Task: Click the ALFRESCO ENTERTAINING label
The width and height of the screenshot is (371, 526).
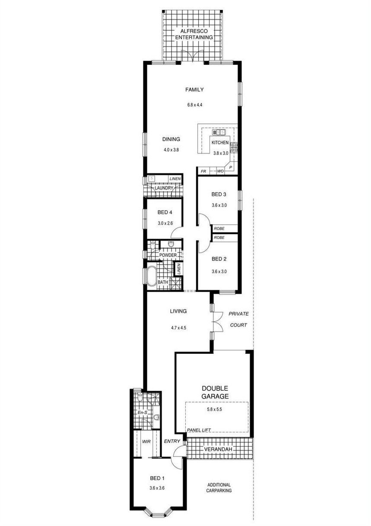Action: pos(194,34)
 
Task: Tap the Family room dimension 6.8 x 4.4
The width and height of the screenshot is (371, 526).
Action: pos(195,105)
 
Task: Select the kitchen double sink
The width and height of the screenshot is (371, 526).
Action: pos(219,133)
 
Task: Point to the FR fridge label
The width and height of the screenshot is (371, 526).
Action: pos(203,171)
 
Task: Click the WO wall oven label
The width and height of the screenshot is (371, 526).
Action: pos(220,171)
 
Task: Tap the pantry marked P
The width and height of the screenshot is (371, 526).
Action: pos(231,168)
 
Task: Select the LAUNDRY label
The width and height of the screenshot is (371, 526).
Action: pos(164,188)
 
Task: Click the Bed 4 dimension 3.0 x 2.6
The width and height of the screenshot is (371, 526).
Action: pos(165,223)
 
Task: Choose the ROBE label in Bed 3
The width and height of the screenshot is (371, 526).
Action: pos(219,228)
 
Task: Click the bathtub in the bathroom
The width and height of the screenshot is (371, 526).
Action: pos(152,276)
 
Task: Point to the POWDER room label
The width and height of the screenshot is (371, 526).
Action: pos(168,255)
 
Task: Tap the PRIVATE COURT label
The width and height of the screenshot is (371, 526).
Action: pos(238,320)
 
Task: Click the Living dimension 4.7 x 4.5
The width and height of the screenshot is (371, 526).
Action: pos(178,328)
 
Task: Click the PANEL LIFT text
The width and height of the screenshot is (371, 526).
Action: pos(199,430)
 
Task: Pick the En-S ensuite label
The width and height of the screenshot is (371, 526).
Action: pos(142,412)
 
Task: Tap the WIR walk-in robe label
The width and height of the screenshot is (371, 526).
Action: pos(146,441)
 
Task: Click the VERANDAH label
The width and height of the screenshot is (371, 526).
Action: pos(218,449)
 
